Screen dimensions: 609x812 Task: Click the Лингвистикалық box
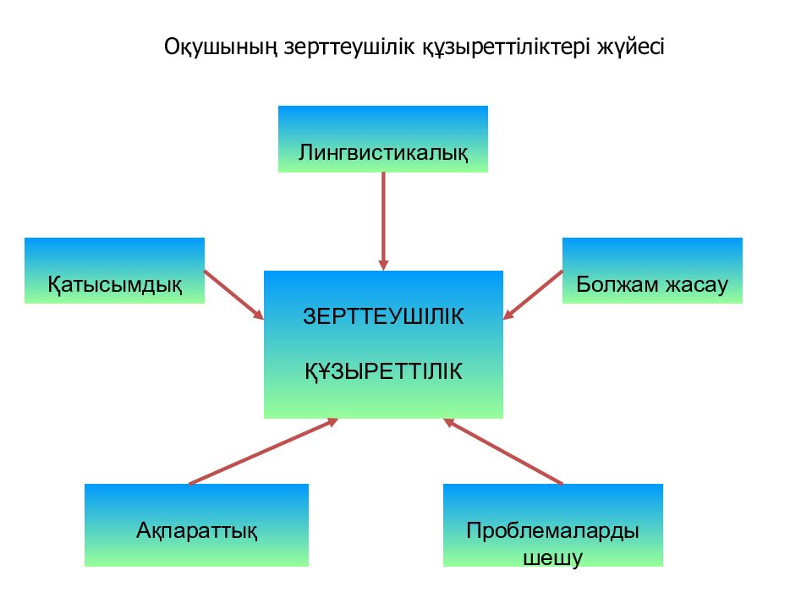(x=383, y=140)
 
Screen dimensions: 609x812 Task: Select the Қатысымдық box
(x=114, y=271)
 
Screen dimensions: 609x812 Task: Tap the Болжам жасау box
(x=652, y=271)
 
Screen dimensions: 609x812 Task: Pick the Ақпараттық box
(x=196, y=524)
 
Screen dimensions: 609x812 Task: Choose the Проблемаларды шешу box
(x=552, y=524)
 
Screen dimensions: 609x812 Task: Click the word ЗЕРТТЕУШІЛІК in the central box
(x=383, y=316)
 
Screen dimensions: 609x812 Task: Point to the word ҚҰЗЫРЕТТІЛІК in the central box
(x=383, y=370)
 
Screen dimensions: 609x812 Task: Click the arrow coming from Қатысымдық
(x=233, y=294)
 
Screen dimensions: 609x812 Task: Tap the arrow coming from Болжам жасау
(x=534, y=294)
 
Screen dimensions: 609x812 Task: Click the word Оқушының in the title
(x=207, y=47)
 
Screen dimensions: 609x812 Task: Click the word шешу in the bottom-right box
(x=553, y=558)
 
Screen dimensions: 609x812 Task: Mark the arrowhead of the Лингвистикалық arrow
(x=383, y=263)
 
